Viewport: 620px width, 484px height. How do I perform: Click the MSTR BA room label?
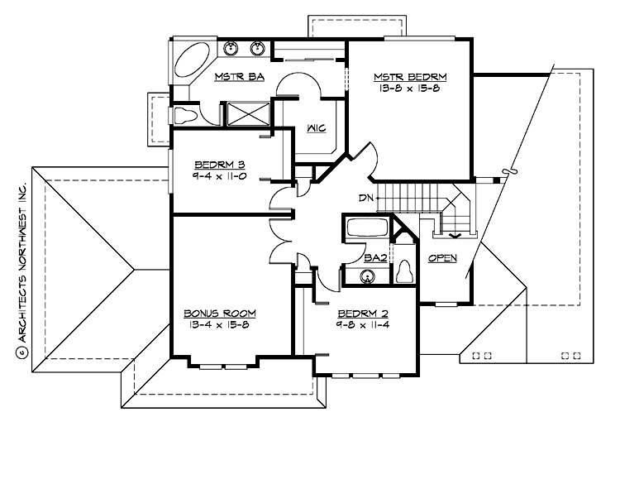(238, 77)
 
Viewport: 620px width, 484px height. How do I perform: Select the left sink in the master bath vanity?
(232, 48)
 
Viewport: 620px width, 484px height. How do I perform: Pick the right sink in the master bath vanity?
(257, 48)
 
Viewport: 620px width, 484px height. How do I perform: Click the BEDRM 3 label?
(217, 164)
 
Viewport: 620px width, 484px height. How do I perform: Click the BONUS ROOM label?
(219, 314)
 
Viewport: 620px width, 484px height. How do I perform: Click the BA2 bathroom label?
(376, 258)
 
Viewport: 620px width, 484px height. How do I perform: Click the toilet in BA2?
(404, 271)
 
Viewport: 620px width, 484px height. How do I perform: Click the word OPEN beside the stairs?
(442, 258)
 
